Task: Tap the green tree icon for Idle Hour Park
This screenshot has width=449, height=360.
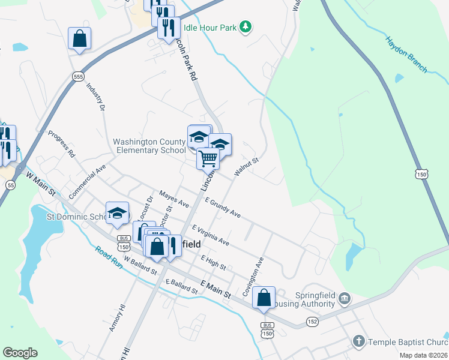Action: (245, 27)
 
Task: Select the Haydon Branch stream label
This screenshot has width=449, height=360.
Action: (406, 53)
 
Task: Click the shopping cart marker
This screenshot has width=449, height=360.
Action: (208, 160)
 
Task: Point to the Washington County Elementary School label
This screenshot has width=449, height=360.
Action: (149, 146)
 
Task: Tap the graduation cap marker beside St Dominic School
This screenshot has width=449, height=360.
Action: (118, 214)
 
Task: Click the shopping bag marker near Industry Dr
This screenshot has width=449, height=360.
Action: (79, 39)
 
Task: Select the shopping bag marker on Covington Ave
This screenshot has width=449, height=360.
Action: (264, 298)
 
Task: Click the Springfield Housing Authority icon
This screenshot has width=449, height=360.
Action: (345, 298)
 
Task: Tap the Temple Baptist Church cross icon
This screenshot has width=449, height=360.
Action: (359, 342)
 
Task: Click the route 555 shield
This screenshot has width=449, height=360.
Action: (78, 77)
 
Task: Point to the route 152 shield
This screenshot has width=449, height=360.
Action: (313, 322)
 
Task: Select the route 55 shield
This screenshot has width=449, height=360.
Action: (11, 186)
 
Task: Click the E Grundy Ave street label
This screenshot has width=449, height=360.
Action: (222, 208)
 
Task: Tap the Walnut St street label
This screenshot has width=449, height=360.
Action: (246, 167)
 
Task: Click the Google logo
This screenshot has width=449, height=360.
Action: (20, 353)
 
